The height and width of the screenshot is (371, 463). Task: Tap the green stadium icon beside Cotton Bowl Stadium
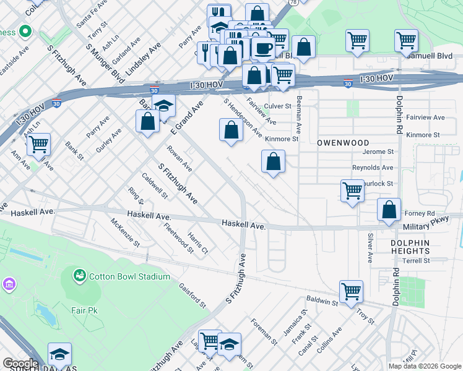coord(79,275)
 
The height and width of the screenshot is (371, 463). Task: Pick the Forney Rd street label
coord(422,213)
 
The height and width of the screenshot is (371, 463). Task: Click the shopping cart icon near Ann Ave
coord(39,145)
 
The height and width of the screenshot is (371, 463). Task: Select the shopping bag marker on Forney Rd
coord(389,210)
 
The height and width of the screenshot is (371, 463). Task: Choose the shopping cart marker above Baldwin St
coord(351,290)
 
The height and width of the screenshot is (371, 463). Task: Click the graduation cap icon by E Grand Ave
coord(163,105)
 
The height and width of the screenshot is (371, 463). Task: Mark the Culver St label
coord(277,106)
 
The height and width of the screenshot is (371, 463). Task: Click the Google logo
coord(20,364)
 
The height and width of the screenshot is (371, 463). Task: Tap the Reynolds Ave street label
coord(372,168)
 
